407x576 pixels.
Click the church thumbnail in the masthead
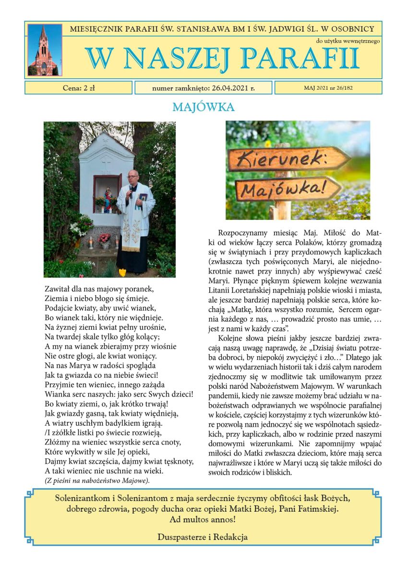coord(45,50)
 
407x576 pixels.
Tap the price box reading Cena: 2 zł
coord(79,88)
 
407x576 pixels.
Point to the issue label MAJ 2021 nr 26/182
coord(328,88)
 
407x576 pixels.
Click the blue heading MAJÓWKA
coord(203,107)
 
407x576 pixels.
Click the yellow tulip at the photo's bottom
coord(122,273)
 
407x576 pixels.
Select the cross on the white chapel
coord(106,159)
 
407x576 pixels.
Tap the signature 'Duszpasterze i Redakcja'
coord(203,537)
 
